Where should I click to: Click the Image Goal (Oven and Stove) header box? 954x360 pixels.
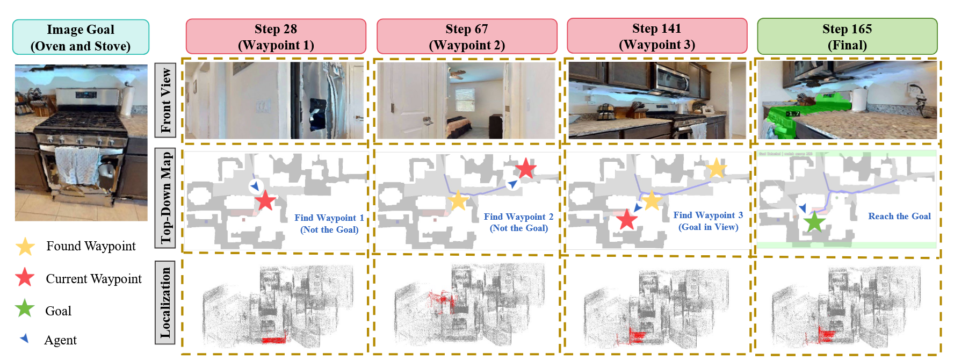(x=81, y=37)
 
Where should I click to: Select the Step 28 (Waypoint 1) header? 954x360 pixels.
(x=276, y=37)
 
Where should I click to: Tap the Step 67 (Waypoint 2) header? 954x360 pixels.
(x=466, y=37)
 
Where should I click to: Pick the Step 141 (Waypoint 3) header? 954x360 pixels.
(x=656, y=36)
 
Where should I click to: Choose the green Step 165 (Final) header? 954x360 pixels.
(x=847, y=37)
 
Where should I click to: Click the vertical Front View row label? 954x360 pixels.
(x=165, y=100)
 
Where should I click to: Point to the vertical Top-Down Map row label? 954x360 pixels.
(x=165, y=197)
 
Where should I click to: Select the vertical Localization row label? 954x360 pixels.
(x=165, y=302)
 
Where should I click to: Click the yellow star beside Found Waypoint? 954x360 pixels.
(x=25, y=247)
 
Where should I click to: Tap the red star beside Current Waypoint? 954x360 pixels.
(x=25, y=278)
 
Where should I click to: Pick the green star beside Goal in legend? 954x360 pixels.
(x=25, y=309)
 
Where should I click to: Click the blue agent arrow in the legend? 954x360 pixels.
(x=24, y=339)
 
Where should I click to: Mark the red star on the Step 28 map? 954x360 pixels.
(x=265, y=201)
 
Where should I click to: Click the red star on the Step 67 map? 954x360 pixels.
(x=525, y=168)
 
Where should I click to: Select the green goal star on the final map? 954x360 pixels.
(x=814, y=221)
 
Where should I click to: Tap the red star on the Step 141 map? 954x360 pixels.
(x=626, y=219)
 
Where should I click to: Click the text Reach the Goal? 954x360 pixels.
(x=899, y=216)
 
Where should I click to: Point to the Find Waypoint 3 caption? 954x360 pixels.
(x=708, y=215)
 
